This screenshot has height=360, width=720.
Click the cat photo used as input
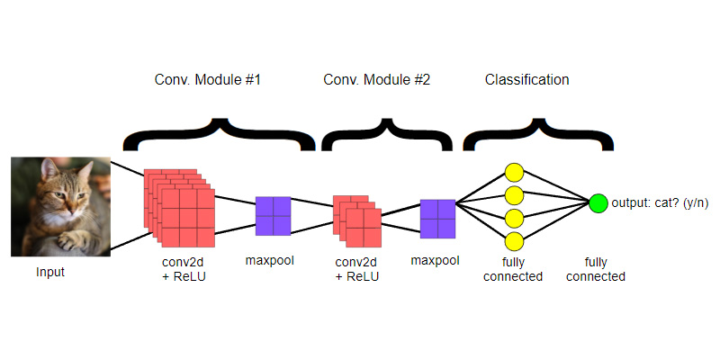click(60, 206)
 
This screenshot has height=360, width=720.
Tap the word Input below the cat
click(50, 271)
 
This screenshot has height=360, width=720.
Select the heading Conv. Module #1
click(208, 80)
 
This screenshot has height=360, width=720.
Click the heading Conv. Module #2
click(376, 80)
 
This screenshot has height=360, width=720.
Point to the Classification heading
click(526, 80)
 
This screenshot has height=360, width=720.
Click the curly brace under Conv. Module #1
click(219, 135)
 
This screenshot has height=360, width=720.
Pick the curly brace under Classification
click(537, 135)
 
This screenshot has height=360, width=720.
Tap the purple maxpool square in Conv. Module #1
click(273, 216)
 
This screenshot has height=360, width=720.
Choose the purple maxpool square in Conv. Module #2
click(437, 219)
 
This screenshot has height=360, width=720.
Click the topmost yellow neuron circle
click(514, 172)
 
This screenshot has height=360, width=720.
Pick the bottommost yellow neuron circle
click(514, 240)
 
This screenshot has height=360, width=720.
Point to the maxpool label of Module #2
click(435, 262)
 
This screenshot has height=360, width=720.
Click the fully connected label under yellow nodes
click(513, 269)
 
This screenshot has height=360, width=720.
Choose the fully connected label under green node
click(595, 269)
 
